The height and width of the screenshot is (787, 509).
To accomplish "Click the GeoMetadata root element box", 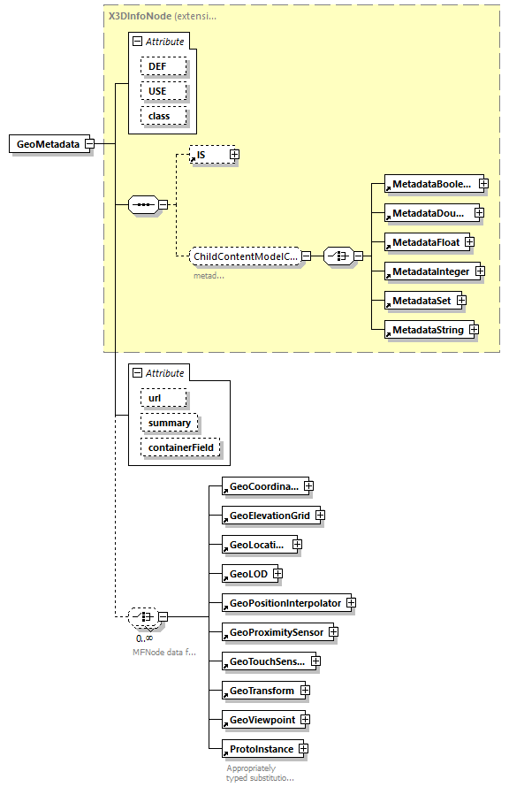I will point(49,144).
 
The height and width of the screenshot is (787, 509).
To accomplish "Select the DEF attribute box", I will point(156,66).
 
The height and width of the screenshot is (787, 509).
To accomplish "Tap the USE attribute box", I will point(156,91).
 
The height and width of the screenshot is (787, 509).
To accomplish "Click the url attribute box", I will point(155,398).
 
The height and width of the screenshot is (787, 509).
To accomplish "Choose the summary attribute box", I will point(169,423).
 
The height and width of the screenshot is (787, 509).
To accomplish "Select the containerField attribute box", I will point(179,448).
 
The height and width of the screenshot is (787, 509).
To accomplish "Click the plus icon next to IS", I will point(234,155).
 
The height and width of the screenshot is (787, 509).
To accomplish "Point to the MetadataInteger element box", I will point(430,271).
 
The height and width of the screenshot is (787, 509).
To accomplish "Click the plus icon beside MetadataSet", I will point(461,301).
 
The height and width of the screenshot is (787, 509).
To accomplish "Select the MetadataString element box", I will point(427,330).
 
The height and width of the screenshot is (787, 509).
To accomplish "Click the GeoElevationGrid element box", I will point(269,515).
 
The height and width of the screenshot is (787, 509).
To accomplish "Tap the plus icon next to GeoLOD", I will point(277,574).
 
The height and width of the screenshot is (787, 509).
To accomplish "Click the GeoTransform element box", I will point(261,691).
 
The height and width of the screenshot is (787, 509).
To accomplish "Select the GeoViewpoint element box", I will point(262,720).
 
